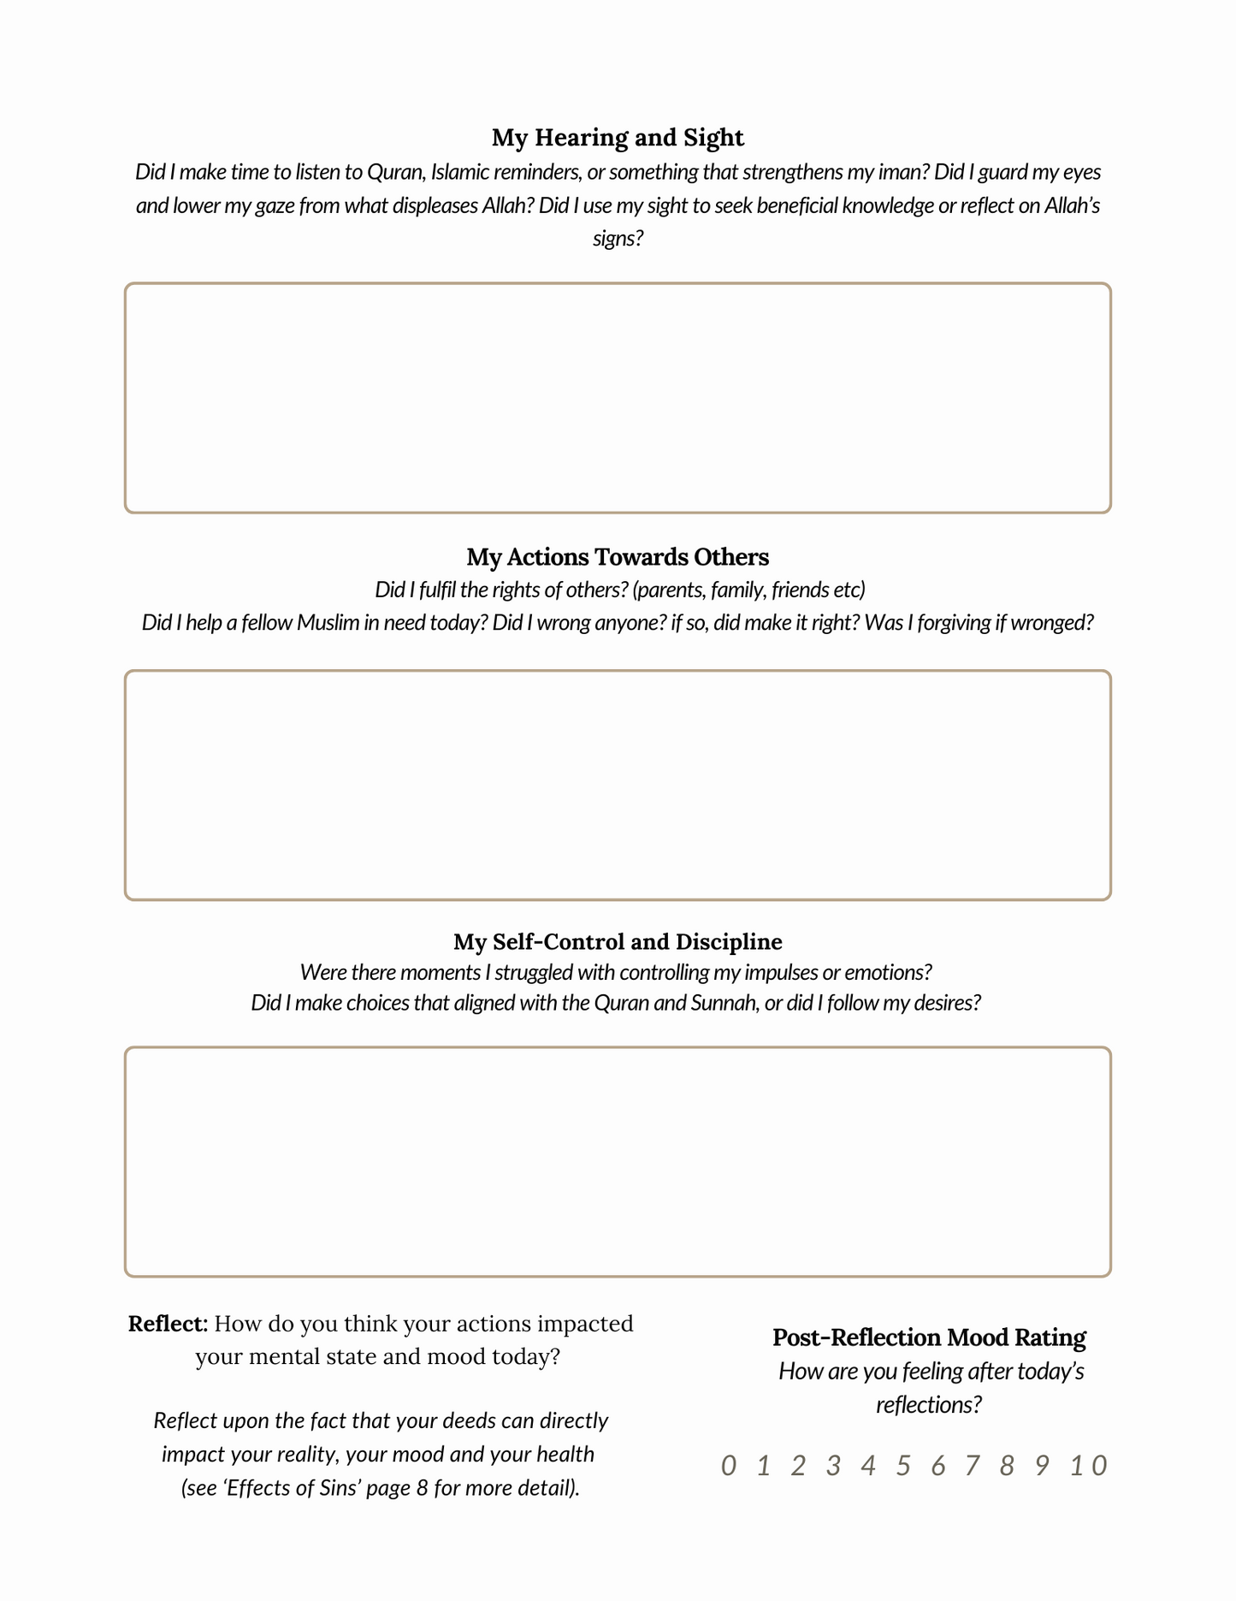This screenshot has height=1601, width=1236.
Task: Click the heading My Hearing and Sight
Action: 618,137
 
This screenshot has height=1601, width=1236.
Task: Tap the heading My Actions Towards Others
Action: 618,557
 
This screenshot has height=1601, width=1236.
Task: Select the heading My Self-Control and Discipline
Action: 618,941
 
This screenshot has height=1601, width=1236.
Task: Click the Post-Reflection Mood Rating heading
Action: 929,1337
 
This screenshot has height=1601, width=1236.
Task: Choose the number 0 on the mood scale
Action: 728,1466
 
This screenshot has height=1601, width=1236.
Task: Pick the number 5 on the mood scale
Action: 903,1466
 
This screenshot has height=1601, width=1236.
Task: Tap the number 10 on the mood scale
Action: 1089,1466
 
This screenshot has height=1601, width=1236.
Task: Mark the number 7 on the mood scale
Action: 972,1466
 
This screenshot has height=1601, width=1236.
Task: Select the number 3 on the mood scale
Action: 833,1466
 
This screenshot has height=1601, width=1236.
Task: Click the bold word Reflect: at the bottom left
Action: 169,1324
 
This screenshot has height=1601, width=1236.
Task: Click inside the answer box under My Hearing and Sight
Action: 618,398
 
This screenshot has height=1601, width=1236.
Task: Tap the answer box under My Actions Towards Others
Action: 618,785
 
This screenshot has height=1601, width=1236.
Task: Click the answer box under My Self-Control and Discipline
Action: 618,1161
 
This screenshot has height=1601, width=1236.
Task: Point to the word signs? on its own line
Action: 618,238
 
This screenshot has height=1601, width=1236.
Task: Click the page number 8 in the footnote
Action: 422,1487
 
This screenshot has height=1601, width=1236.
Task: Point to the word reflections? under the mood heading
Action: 928,1404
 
